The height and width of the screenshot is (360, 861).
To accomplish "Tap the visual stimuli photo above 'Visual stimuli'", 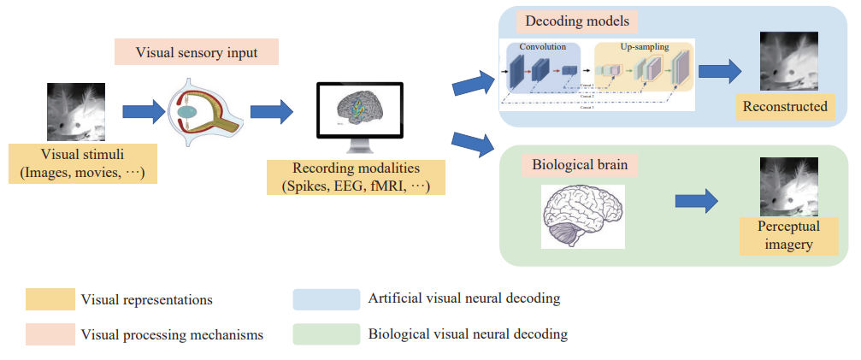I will (76, 112).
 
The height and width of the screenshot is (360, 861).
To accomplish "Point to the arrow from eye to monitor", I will (272, 111).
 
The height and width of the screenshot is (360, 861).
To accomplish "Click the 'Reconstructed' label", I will (785, 107).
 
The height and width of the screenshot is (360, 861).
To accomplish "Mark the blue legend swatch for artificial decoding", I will (326, 298).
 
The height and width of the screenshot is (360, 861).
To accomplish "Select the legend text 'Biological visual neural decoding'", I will (468, 333).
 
